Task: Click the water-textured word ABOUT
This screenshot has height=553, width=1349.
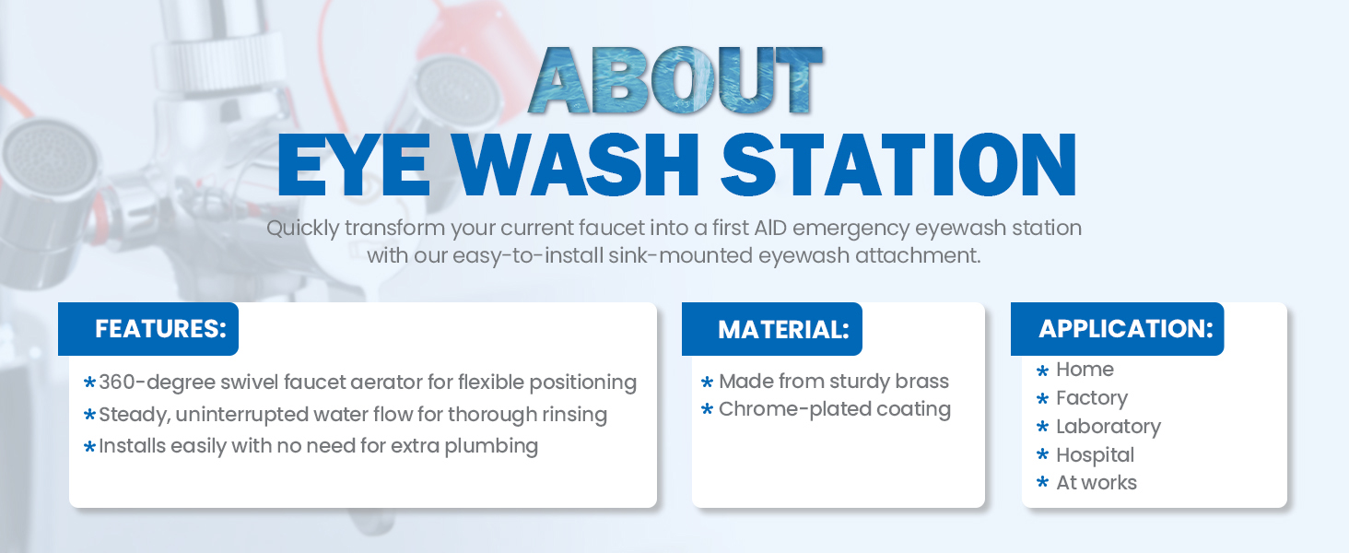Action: point(675,80)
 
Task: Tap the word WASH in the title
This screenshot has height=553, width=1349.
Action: point(577,165)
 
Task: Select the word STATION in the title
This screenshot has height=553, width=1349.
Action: point(898,165)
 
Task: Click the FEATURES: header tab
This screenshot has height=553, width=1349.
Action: point(148,329)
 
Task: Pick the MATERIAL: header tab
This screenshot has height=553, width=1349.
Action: point(772,329)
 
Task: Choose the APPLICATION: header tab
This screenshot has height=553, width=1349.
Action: point(1117,329)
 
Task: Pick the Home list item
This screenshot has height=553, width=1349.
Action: point(1085,370)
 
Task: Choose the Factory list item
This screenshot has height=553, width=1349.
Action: point(1092,398)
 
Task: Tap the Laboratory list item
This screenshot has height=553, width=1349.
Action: point(1109,427)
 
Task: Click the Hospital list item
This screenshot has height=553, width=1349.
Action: point(1096,454)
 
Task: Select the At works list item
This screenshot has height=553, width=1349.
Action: point(1097,483)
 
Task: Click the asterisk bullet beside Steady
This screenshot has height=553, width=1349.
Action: point(89,415)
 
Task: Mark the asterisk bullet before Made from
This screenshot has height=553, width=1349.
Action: point(708,382)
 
